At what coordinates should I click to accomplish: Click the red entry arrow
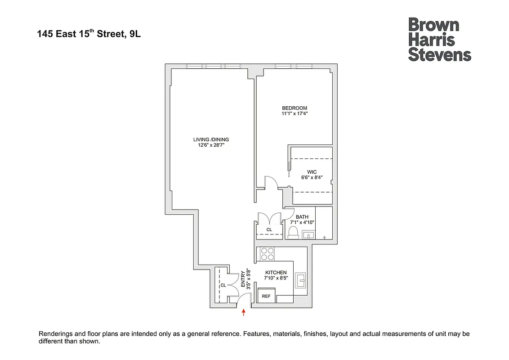click(244, 312)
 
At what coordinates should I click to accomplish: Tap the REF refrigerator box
click(266, 296)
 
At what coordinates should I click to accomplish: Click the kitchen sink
click(300, 280)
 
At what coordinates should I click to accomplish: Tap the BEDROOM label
click(295, 108)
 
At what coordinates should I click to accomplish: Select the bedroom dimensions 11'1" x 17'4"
click(295, 114)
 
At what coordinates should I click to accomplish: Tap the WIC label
click(312, 172)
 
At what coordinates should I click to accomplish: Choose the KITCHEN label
click(276, 273)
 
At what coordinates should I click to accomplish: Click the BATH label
click(302, 217)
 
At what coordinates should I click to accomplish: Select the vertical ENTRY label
click(243, 279)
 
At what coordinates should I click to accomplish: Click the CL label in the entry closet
click(223, 285)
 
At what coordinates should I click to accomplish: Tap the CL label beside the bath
click(269, 229)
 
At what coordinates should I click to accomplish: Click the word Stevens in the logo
click(439, 55)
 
